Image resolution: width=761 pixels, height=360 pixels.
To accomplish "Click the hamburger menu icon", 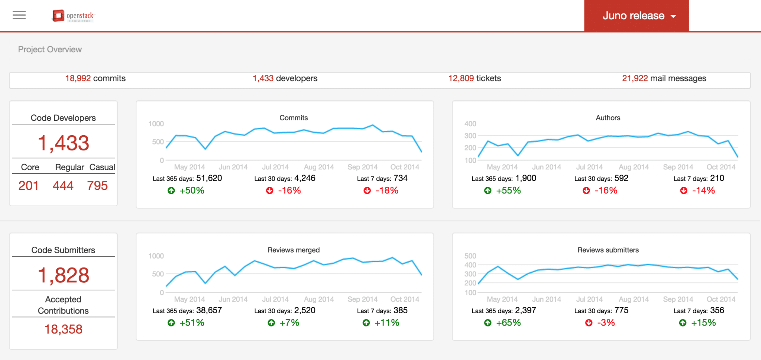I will tap(19, 15).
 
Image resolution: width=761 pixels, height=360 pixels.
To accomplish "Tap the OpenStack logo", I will tap(73, 16).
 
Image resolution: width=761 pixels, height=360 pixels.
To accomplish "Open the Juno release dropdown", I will tap(636, 16).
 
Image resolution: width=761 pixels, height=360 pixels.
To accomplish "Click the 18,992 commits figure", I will tap(78, 78).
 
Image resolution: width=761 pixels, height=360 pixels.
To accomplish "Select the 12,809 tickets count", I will tap(461, 78).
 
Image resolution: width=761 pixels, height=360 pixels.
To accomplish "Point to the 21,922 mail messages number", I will tap(635, 78).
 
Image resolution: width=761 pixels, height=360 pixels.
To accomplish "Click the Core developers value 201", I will tap(29, 185).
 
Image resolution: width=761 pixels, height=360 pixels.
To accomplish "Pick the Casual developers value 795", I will tap(97, 185).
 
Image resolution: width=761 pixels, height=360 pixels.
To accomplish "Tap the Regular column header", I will tap(69, 167).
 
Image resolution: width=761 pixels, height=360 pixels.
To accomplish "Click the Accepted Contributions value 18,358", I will tap(64, 329).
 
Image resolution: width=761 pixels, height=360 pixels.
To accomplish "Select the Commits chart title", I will tap(294, 118).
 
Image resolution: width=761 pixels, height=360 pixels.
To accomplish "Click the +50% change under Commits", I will tap(192, 191).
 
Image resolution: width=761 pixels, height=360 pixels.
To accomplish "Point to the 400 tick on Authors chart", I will tap(470, 124).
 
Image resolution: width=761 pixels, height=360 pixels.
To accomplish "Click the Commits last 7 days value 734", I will tap(401, 178).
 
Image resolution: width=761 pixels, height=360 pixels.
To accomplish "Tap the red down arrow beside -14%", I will tap(683, 191).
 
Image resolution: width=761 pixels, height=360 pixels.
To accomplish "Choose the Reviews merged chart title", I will tap(294, 250).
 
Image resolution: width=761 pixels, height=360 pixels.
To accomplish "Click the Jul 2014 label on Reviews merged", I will tap(275, 299).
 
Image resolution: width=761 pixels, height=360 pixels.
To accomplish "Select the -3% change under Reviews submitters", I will tap(606, 323).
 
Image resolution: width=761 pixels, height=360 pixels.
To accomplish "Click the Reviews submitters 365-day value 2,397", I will tap(525, 311).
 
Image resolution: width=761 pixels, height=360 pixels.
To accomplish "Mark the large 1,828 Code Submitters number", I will tap(64, 275).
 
